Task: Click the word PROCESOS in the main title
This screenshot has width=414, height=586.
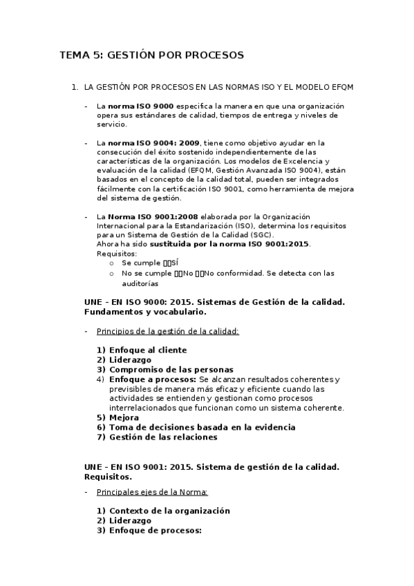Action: [212, 55]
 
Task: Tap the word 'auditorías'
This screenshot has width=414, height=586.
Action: [140, 283]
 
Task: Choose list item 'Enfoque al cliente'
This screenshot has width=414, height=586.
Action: [148, 350]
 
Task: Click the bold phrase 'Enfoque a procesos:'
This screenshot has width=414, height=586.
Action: [153, 379]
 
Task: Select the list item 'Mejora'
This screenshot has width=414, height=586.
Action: [124, 417]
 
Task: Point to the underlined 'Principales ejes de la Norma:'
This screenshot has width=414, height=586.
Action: [152, 492]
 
